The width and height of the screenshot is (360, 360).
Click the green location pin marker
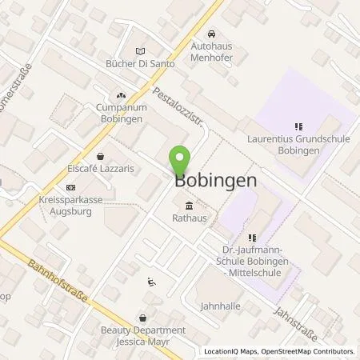pyautogui.click(x=179, y=160)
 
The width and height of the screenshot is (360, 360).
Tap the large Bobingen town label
pyautogui.click(x=215, y=181)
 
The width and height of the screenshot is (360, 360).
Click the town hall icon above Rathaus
pyautogui.click(x=188, y=203)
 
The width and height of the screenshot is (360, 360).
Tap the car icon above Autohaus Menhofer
pyautogui.click(x=210, y=34)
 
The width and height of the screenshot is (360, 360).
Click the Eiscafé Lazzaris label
pyautogui.click(x=101, y=170)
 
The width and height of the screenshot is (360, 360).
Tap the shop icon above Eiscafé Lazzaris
pyautogui.click(x=101, y=157)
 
